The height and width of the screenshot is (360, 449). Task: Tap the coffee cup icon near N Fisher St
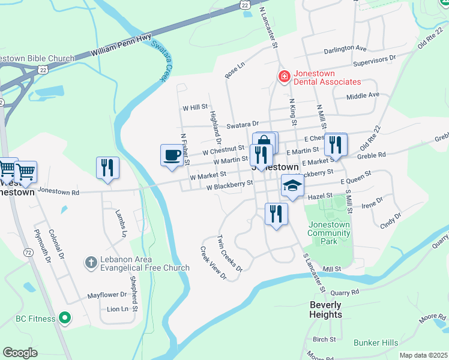point(172,155)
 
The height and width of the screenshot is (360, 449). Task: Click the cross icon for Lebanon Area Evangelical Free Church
point(90,262)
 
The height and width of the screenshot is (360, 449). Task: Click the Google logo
point(20,353)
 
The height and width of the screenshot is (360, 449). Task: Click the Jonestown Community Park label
point(328,233)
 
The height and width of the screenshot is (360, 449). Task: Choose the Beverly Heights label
point(325,310)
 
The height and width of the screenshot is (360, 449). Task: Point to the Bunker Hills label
point(376,343)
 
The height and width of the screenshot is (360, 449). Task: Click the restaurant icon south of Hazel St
point(276,214)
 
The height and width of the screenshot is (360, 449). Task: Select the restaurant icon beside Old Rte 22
point(336,145)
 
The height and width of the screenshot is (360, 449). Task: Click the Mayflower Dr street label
point(107,295)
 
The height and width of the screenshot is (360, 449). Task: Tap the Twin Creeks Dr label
point(229,253)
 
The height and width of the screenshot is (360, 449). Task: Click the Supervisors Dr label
point(375,59)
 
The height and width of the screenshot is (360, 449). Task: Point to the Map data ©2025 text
point(423,355)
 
